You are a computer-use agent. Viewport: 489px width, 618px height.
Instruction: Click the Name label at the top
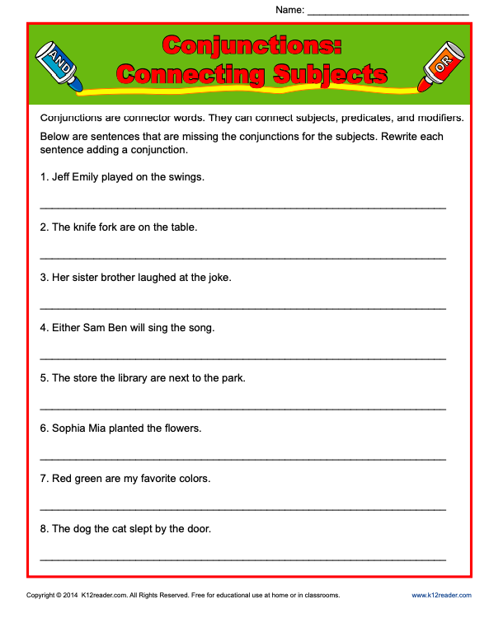tap(289, 10)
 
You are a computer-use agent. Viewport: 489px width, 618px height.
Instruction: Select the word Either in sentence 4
tap(66, 327)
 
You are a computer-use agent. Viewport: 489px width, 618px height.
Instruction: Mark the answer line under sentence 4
tap(242, 358)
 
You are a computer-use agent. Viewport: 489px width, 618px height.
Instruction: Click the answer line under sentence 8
tap(242, 559)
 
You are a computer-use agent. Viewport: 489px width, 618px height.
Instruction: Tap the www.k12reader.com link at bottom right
tap(441, 595)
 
